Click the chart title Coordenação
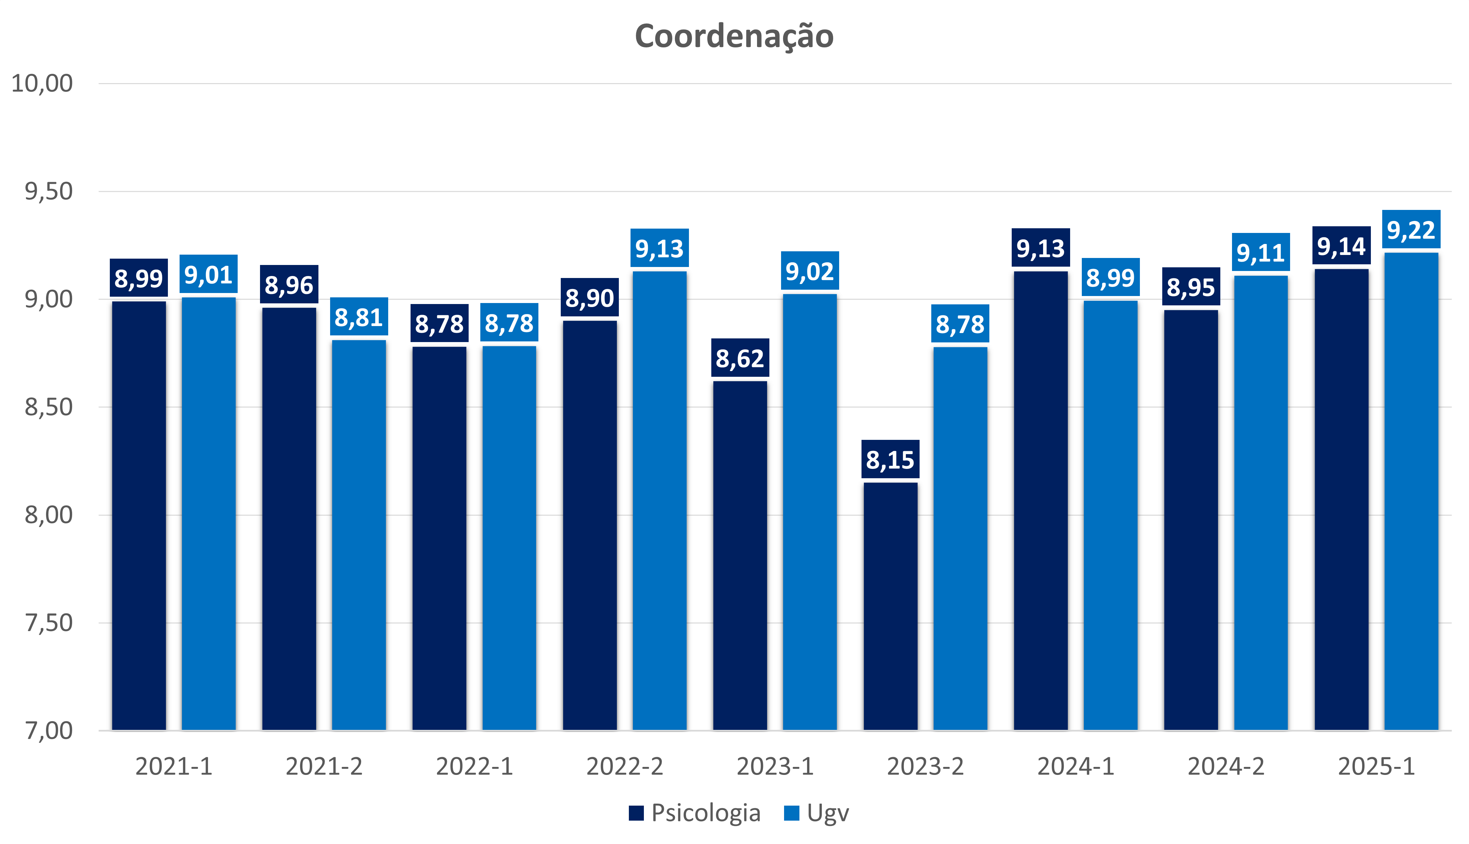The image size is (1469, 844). (734, 36)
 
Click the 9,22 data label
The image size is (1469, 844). (1411, 230)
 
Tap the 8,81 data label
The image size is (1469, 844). (359, 317)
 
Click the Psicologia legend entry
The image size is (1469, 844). (695, 813)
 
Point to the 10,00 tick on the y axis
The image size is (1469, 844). (42, 83)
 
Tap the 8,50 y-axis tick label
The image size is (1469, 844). (49, 407)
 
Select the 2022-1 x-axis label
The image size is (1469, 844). (474, 766)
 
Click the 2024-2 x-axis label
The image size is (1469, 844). (1226, 766)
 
